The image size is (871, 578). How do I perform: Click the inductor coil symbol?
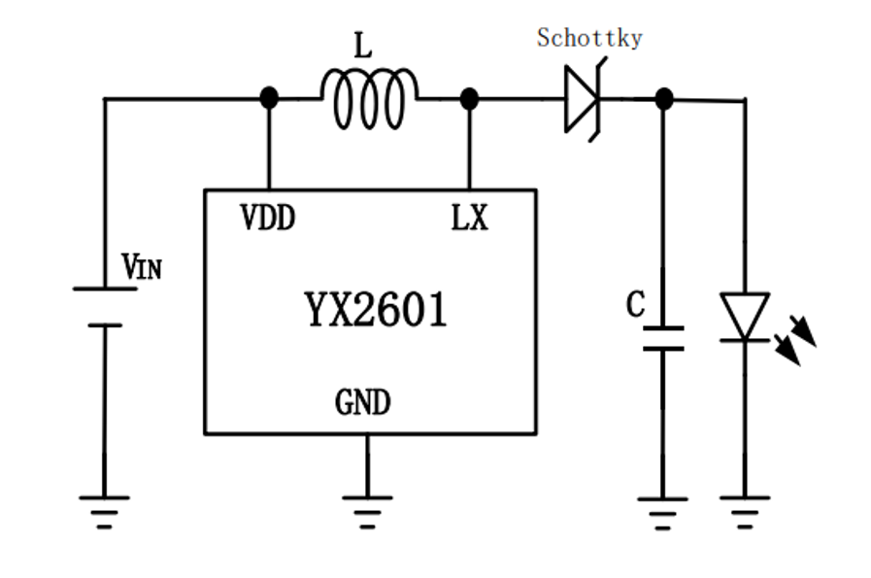tap(369, 99)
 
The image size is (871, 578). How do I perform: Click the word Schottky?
tap(589, 38)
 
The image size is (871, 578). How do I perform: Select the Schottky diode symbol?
tap(585, 98)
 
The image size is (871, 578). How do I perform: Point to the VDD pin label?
tap(267, 219)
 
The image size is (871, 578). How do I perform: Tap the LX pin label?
tap(469, 219)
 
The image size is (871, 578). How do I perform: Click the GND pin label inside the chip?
tap(363, 401)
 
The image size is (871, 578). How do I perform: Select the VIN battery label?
tap(141, 266)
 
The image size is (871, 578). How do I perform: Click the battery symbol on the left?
tap(104, 307)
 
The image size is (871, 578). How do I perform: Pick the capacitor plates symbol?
tap(662, 338)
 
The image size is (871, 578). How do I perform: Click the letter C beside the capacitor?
tap(635, 305)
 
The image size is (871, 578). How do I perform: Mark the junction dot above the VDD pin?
tap(269, 98)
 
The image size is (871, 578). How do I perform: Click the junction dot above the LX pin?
tap(469, 98)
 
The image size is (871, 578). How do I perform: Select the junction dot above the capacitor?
tap(663, 98)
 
